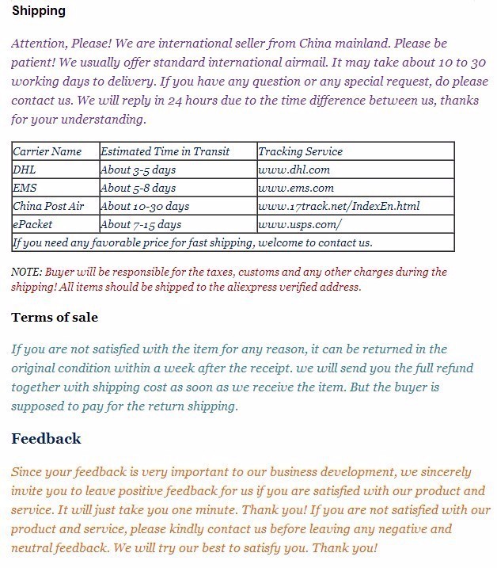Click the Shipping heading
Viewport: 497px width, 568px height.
tap(39, 11)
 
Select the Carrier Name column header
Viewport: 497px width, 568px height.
tap(47, 151)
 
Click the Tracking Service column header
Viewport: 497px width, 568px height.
tap(300, 151)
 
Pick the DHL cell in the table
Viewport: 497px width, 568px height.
tap(25, 170)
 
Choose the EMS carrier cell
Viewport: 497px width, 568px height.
tap(25, 188)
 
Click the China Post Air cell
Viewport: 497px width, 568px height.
tap(48, 206)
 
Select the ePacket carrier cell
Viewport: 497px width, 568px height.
tap(33, 224)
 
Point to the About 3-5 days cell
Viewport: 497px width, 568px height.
tap(138, 170)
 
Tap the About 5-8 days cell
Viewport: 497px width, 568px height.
tap(138, 188)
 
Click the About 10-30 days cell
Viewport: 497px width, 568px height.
tap(145, 206)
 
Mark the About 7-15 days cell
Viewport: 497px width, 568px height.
tap(142, 224)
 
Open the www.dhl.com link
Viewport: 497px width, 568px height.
tap(294, 170)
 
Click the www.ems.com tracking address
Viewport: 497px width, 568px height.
tap(296, 188)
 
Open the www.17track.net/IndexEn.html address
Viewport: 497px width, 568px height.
tap(339, 206)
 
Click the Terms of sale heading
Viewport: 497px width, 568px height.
tap(55, 317)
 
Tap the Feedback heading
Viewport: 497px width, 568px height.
tap(46, 438)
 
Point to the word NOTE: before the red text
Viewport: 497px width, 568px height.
tap(27, 272)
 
